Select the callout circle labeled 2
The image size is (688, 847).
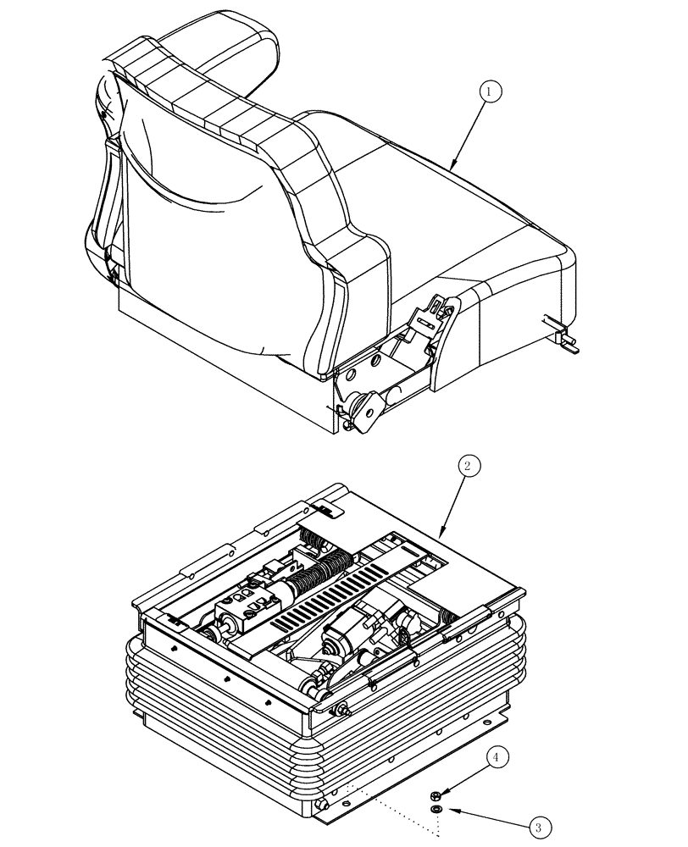pos(469,465)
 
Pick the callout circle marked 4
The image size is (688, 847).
pos(498,757)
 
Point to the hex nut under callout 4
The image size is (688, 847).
pos(436,794)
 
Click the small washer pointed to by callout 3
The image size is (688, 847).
pos(436,811)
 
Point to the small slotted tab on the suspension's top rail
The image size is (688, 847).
pos(325,510)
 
